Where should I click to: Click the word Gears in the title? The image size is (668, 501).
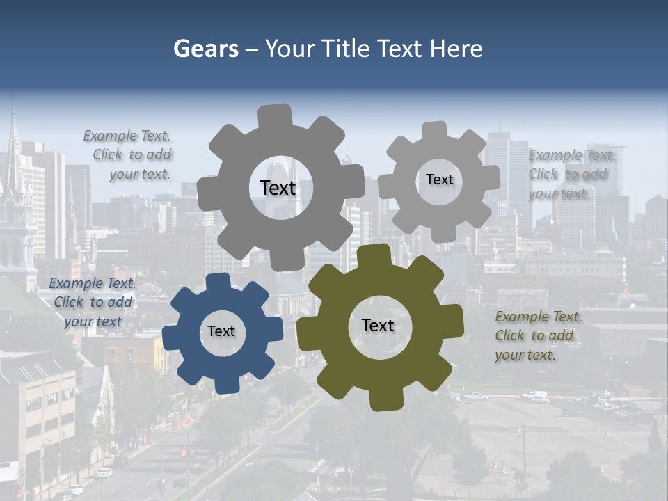205,49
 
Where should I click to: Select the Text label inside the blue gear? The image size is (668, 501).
221,332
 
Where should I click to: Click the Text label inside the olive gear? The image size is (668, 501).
378,326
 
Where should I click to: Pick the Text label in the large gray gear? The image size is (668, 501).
278,188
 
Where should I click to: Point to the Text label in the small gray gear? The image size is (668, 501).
439,180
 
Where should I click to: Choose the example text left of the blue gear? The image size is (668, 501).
92,302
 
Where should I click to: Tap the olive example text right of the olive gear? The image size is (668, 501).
537,335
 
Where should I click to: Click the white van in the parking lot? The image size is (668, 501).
535,396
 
